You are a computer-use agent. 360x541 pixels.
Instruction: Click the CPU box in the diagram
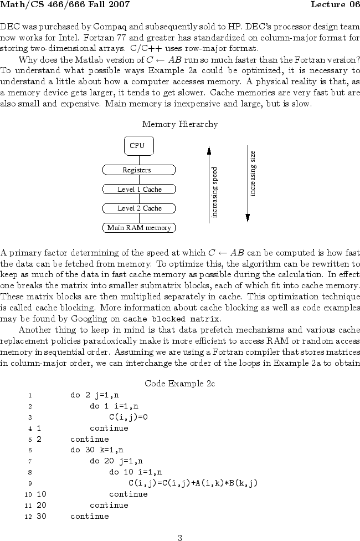coord(138,145)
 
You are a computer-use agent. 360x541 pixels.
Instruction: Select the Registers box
coord(138,170)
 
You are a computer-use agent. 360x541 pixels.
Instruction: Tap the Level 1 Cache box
coord(139,189)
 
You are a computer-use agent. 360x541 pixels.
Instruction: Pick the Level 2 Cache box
coord(139,208)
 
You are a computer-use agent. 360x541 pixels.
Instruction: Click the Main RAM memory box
coord(139,228)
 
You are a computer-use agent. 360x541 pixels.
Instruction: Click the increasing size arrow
coord(248,183)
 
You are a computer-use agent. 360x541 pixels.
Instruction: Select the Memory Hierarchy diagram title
coord(179,124)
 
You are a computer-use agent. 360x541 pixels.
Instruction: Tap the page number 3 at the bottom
coord(180,537)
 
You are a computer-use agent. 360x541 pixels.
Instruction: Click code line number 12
coord(29,517)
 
